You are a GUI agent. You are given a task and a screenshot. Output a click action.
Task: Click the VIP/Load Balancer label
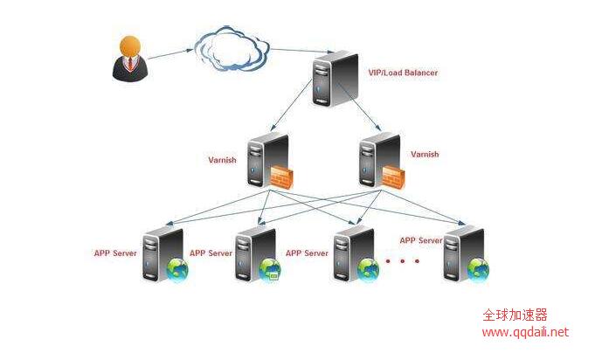403,73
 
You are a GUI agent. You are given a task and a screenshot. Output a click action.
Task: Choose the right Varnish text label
425,154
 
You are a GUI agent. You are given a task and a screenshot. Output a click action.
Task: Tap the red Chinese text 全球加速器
515,316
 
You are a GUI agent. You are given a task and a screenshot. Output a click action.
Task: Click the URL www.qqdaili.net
525,332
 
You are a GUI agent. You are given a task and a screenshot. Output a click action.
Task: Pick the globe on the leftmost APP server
177,269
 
